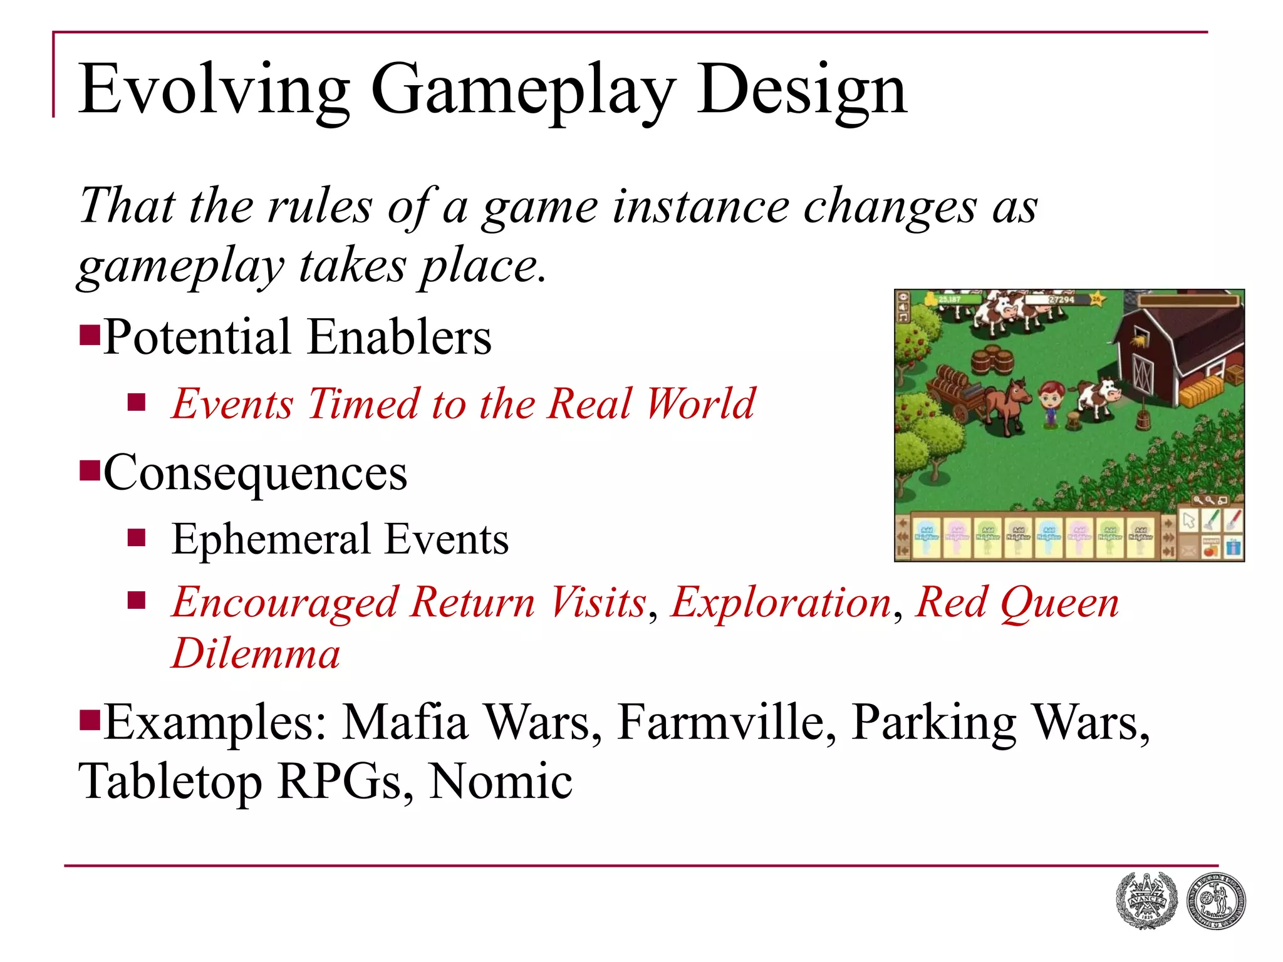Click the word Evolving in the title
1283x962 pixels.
pos(213,91)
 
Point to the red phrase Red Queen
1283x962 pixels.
pos(1016,603)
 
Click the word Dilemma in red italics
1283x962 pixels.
pos(256,653)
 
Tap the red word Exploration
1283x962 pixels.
pos(781,603)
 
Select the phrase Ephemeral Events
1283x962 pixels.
pos(340,539)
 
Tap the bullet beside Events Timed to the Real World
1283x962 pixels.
pos(136,402)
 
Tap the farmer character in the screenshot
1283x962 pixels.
pos(1051,406)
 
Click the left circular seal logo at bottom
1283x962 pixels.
pos(1146,901)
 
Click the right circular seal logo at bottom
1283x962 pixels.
pos(1216,901)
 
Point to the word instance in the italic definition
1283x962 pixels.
pos(700,207)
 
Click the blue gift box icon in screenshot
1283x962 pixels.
pos(1232,547)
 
